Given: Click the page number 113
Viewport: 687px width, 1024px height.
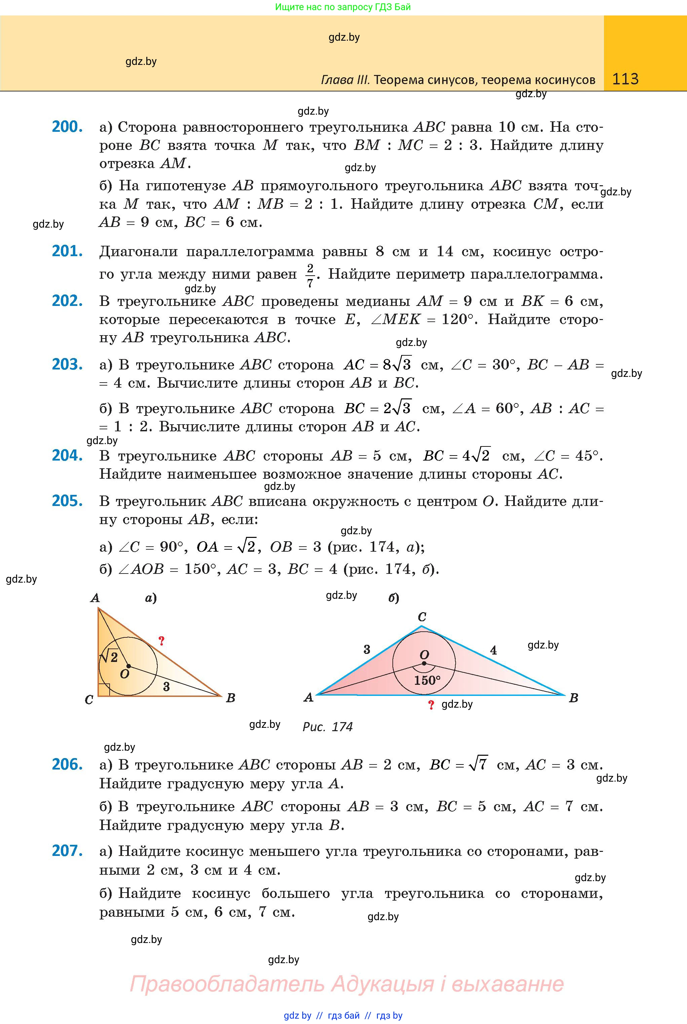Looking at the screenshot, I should [625, 79].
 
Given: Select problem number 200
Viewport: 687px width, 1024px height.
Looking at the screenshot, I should [67, 127].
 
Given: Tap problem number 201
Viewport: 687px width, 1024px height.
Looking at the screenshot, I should [67, 251].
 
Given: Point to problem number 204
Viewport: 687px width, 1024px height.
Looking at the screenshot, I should [67, 456].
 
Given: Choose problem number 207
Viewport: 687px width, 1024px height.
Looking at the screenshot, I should [67, 851].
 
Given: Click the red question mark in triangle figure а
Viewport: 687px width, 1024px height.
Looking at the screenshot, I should [161, 641].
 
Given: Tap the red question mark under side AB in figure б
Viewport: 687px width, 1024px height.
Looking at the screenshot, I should [431, 705].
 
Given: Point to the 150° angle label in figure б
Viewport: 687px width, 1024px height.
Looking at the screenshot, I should [427, 680].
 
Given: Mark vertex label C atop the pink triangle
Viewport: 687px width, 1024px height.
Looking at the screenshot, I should [422, 617].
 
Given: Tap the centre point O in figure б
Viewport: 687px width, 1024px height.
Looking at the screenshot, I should [424, 663].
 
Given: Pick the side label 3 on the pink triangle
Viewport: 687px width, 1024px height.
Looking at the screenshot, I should [367, 649].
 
